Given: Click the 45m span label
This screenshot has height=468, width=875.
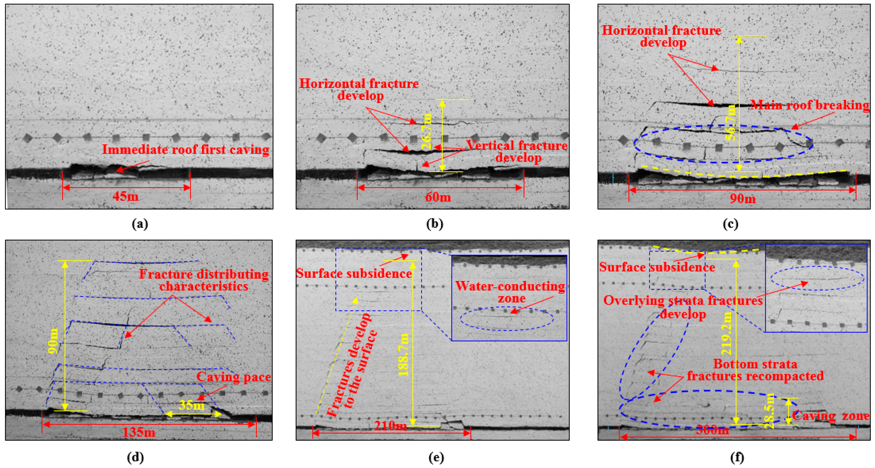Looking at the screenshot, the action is (x=125, y=196).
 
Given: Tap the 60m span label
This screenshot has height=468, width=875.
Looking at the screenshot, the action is (x=438, y=197).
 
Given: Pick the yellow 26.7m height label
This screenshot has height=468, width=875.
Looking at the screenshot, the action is (x=427, y=132).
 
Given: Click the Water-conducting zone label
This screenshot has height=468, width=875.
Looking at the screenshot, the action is (x=510, y=292).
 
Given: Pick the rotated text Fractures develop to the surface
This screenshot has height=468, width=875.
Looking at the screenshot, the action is (x=352, y=365).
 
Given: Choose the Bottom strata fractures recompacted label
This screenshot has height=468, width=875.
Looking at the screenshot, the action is (x=756, y=370).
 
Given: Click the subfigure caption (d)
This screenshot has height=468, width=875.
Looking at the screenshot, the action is (x=135, y=458).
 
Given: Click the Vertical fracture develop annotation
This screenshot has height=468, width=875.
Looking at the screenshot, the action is (x=517, y=152).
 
